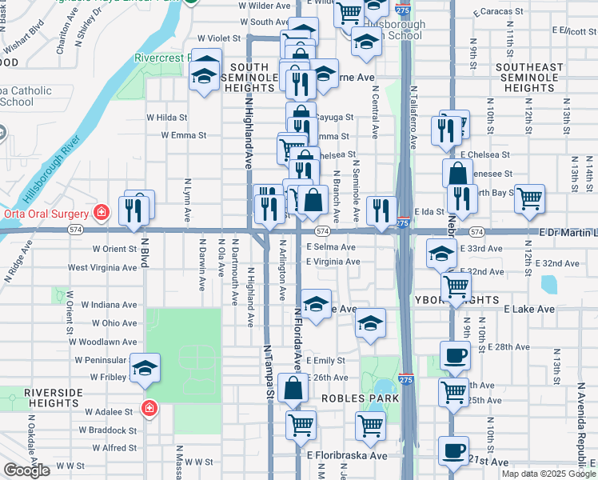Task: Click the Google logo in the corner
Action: click(x=26, y=470)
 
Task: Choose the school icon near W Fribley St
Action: click(x=145, y=368)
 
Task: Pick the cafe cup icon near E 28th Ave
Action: click(x=455, y=355)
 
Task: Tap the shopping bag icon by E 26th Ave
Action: click(x=293, y=389)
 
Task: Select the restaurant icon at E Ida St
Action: click(x=381, y=210)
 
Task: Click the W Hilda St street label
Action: click(x=166, y=117)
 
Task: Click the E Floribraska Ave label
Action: click(x=347, y=455)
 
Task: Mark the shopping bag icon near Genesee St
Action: click(x=456, y=173)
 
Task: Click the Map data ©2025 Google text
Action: click(x=548, y=474)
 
